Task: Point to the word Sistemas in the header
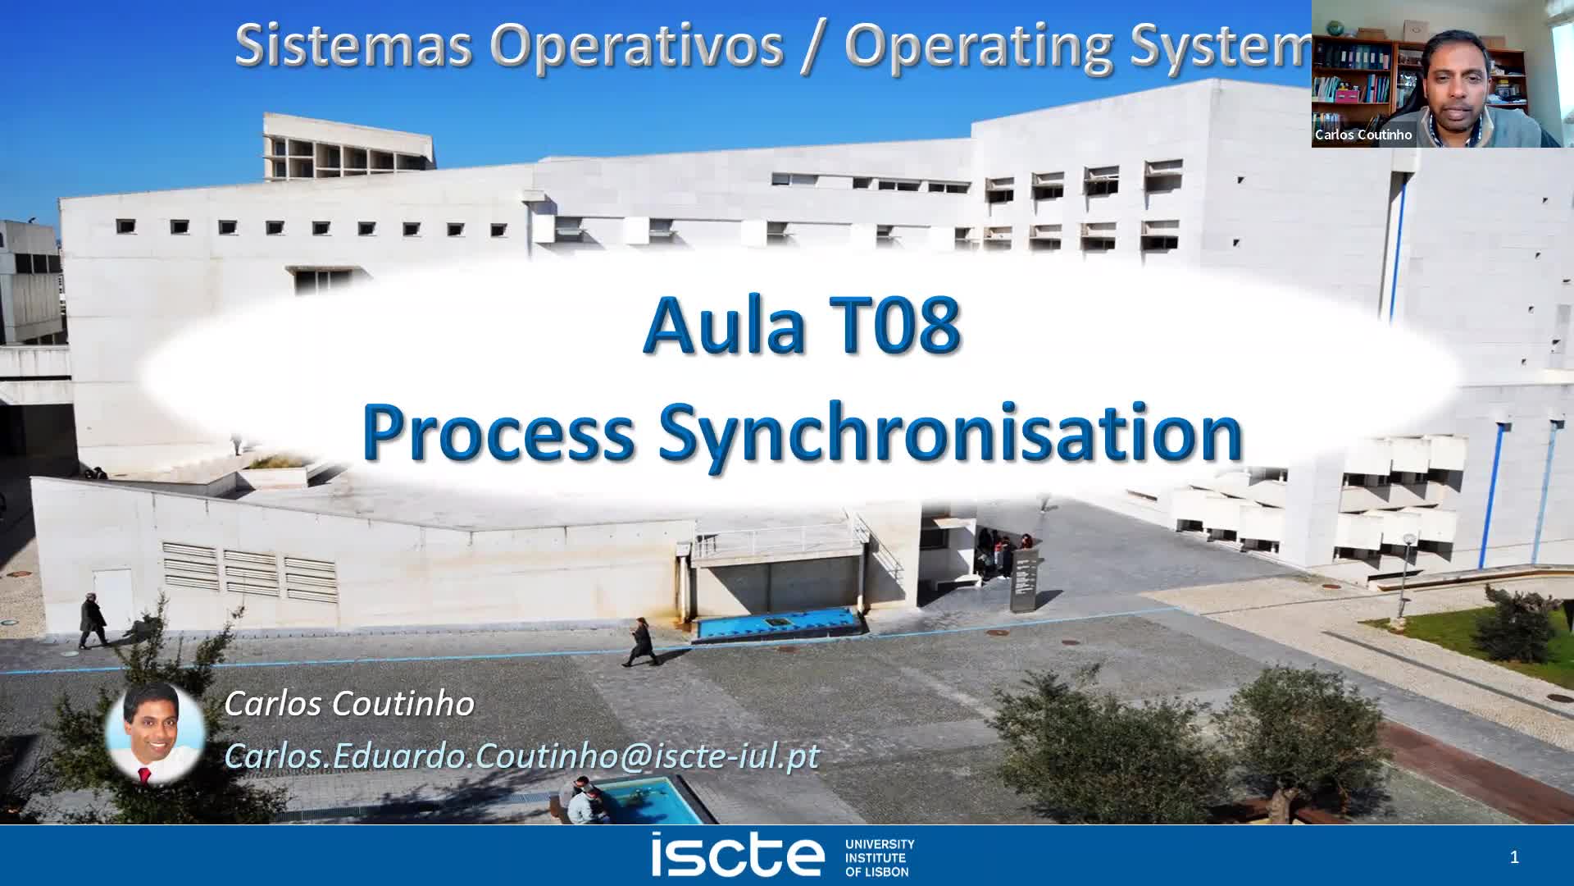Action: [x=353, y=44]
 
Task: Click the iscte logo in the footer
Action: [x=737, y=855]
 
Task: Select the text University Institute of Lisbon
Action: [x=880, y=857]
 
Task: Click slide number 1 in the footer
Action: [x=1514, y=857]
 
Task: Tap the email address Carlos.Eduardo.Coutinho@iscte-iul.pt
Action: [x=521, y=756]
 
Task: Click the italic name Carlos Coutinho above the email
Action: [x=349, y=703]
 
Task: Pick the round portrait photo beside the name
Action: [x=155, y=733]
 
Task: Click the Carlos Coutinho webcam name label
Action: [x=1363, y=135]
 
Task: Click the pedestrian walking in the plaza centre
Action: [x=639, y=641]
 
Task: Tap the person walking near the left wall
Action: [x=92, y=621]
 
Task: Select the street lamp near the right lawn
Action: [x=1407, y=570]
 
